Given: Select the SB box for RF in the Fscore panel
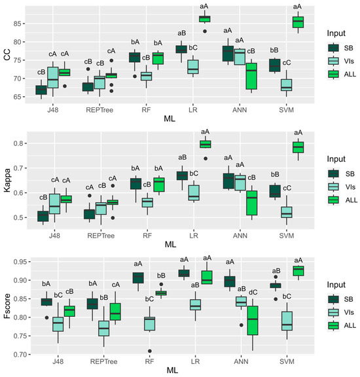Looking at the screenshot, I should click(x=138, y=278).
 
